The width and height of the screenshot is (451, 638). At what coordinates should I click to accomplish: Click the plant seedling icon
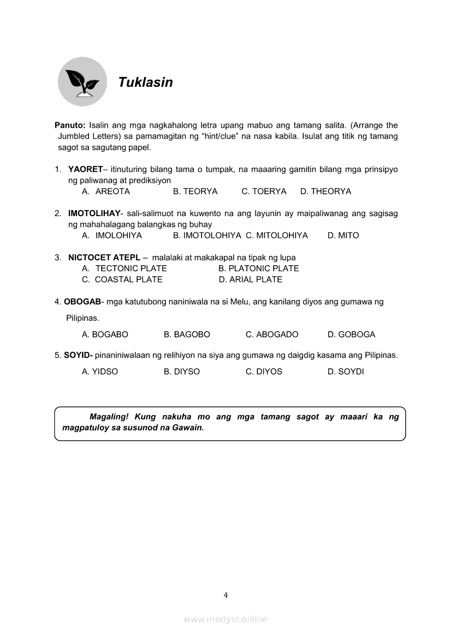[82, 82]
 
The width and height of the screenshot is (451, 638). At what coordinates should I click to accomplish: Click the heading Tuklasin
[145, 82]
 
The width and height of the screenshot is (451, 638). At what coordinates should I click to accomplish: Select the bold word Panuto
[70, 126]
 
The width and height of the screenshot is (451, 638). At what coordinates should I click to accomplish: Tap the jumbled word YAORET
[85, 169]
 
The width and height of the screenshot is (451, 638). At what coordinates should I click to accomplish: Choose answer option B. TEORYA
[195, 192]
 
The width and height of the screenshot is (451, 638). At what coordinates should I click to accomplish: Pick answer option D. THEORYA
[325, 192]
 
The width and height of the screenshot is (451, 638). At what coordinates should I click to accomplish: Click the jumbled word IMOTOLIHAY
[94, 213]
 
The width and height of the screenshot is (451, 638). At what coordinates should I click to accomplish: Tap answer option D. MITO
[343, 236]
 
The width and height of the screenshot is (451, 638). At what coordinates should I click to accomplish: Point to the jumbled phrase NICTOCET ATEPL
[104, 258]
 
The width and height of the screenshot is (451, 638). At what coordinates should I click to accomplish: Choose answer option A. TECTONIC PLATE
[124, 269]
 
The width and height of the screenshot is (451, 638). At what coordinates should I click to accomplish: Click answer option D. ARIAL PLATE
[251, 279]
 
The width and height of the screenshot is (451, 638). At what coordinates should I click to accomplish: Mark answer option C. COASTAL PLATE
[122, 279]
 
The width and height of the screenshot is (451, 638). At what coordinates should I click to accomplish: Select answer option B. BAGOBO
[187, 335]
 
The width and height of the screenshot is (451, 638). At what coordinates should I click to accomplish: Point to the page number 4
[226, 595]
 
